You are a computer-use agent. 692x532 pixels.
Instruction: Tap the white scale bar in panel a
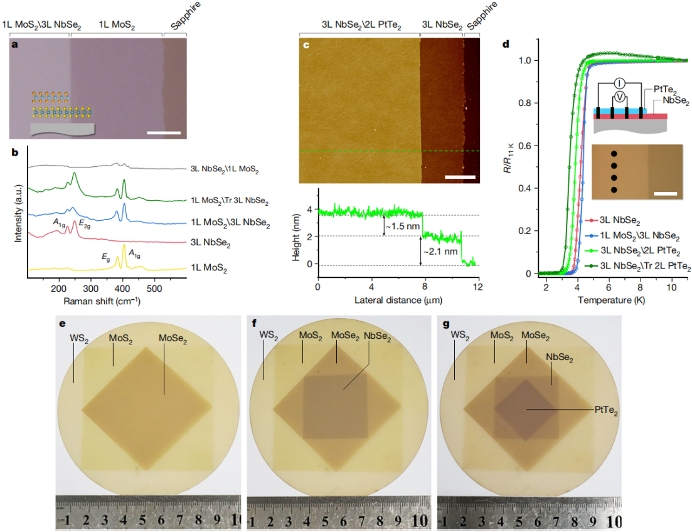click(164, 133)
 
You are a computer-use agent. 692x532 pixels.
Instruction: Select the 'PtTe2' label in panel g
click(607, 410)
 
